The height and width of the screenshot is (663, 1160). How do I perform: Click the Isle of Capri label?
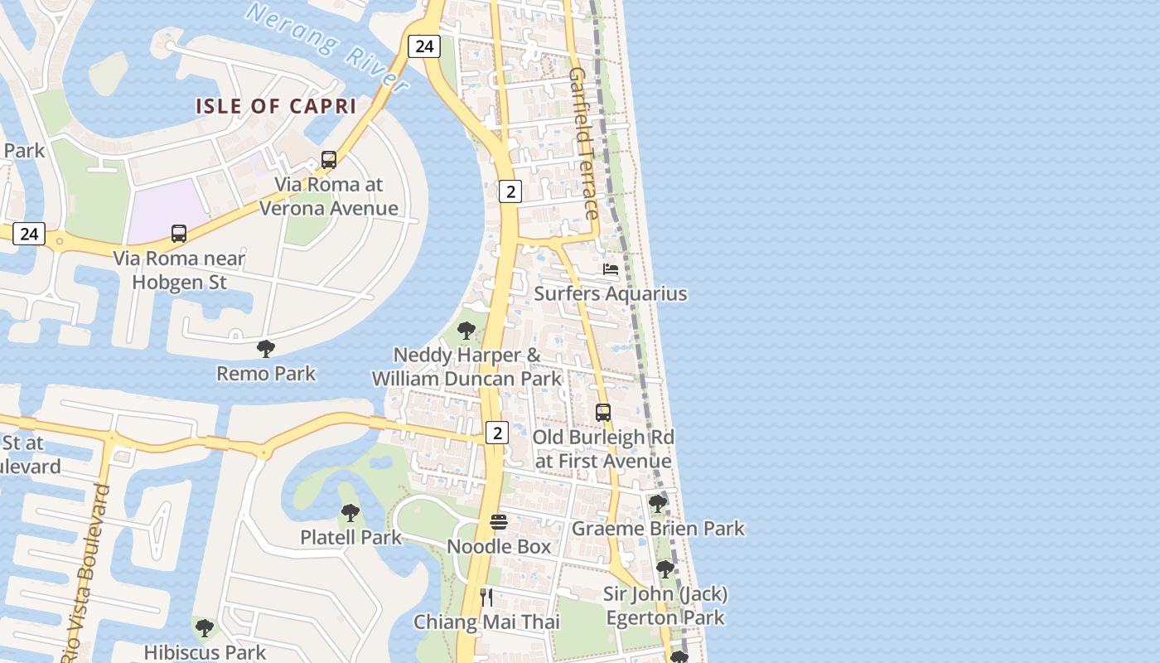(276, 106)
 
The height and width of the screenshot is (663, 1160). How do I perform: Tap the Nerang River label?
(328, 48)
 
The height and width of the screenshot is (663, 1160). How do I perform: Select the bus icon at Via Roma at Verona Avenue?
(329, 160)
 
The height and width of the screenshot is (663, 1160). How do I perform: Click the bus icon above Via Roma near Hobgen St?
(179, 234)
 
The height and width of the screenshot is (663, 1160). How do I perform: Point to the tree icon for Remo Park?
(266, 349)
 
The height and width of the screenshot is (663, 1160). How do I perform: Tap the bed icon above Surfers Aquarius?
(611, 269)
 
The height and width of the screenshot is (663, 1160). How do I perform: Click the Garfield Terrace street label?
(583, 143)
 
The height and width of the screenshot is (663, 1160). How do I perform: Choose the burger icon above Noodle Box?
(498, 522)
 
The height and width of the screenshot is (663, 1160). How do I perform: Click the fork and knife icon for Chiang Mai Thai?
(486, 597)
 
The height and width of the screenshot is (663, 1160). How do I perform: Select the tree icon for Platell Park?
(350, 513)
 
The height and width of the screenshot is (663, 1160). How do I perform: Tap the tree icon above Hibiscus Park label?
(205, 628)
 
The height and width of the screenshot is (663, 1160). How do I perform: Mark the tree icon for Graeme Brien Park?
(658, 504)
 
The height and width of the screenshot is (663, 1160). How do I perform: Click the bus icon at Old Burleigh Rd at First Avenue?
(603, 413)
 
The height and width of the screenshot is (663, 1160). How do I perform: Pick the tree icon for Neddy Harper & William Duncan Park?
(466, 331)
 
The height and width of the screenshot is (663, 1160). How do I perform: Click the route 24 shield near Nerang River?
(424, 46)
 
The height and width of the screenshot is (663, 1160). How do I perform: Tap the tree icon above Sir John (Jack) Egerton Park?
(665, 569)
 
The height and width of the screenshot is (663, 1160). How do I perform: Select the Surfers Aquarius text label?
(611, 293)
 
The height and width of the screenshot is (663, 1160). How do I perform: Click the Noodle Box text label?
(499, 547)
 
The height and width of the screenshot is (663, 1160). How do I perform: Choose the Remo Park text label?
(266, 374)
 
